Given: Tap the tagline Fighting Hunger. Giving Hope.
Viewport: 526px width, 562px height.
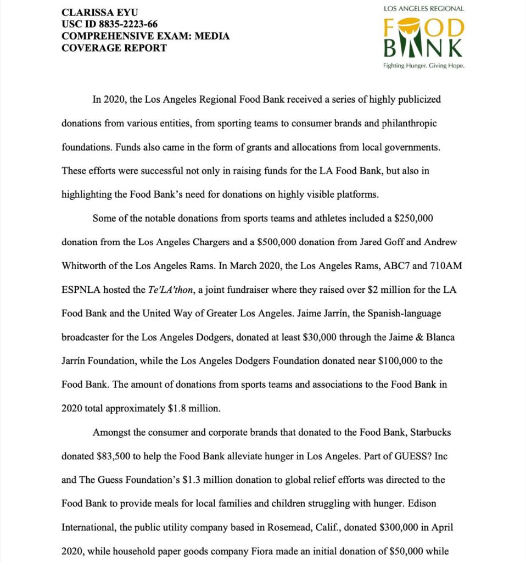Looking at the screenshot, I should tap(423, 66).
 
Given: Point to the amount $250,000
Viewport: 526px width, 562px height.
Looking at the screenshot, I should tap(414, 218).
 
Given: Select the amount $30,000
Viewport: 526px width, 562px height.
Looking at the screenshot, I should tap(320, 337).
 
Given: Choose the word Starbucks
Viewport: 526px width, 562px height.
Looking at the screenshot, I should tap(430, 432).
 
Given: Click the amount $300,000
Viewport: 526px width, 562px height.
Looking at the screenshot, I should tap(399, 527).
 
